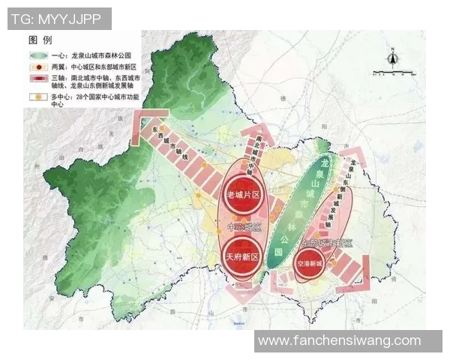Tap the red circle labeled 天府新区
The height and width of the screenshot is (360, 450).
point(242,256)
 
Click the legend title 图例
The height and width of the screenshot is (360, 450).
point(40,39)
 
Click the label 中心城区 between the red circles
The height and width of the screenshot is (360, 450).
point(242,226)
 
